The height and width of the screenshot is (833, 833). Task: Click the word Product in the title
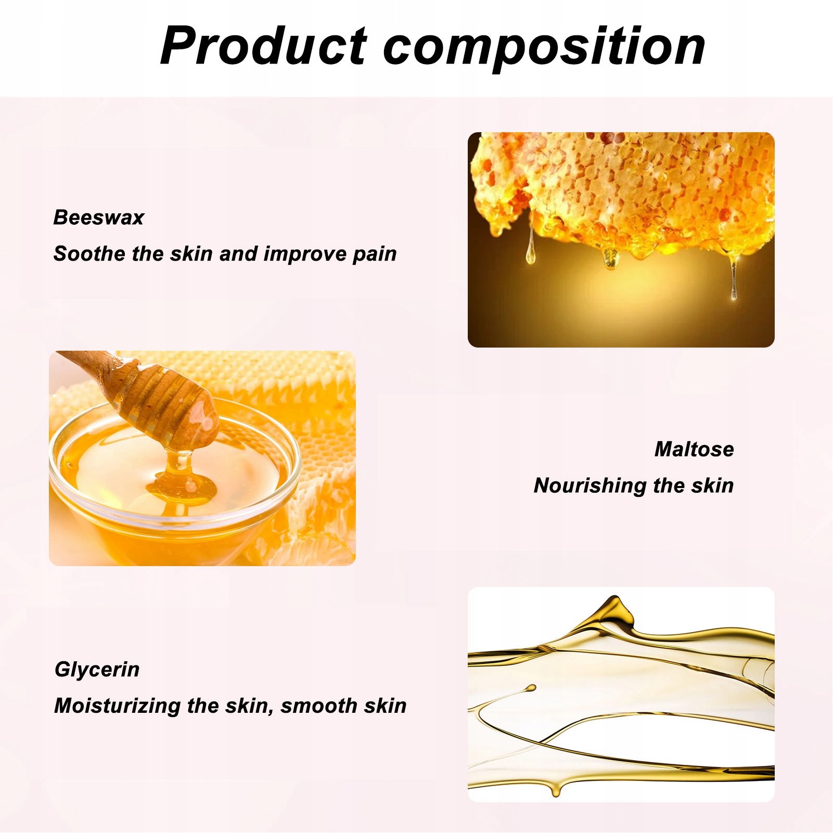264,46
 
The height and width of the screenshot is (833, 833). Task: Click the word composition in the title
544,48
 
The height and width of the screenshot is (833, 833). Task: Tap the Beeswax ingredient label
99,217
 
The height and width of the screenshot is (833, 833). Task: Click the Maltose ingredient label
694,449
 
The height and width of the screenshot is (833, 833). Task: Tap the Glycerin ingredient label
97,670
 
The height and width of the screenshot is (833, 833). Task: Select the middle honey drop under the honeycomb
610,259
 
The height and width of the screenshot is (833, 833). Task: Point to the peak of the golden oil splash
616,598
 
